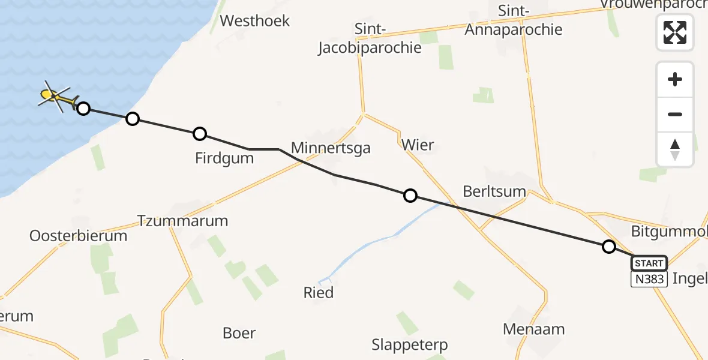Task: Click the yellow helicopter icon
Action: pyautogui.click(x=56, y=96)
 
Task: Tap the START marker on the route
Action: pyautogui.click(x=649, y=263)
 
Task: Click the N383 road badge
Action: pyautogui.click(x=649, y=279)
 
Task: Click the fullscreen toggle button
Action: pyautogui.click(x=675, y=32)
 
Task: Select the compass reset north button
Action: pyautogui.click(x=675, y=149)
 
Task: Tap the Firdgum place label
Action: pyautogui.click(x=224, y=158)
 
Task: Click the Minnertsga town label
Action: pyautogui.click(x=331, y=148)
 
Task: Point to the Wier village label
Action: pyautogui.click(x=418, y=145)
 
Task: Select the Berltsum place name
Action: pyautogui.click(x=494, y=192)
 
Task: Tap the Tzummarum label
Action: pyautogui.click(x=183, y=221)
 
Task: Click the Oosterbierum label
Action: pyautogui.click(x=79, y=236)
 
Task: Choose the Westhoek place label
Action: pyautogui.click(x=255, y=21)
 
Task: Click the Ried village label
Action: pyautogui.click(x=318, y=293)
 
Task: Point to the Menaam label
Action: pyautogui.click(x=534, y=329)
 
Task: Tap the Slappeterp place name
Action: pyautogui.click(x=410, y=345)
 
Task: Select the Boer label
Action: pyautogui.click(x=239, y=333)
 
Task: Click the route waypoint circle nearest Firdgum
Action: pyautogui.click(x=200, y=134)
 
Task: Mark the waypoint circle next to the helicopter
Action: pyautogui.click(x=83, y=109)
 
